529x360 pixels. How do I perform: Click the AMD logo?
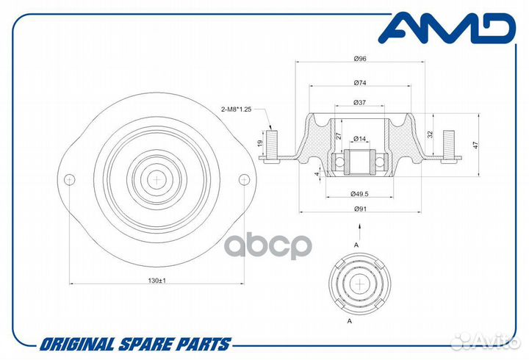point(447,28)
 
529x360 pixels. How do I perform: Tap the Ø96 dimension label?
point(360,59)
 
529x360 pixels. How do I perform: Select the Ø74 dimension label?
point(360,83)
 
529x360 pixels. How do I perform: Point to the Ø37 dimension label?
point(359,103)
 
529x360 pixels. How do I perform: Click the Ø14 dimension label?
point(360,138)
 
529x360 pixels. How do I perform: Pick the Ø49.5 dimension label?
point(359,194)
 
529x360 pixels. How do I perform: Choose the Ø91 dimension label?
point(360,209)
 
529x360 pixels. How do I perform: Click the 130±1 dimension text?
point(157,281)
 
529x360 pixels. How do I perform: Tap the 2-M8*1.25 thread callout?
point(236,109)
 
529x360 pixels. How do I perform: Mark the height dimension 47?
point(475,145)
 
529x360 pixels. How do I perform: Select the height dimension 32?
point(430,134)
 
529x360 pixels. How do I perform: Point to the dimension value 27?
point(339,136)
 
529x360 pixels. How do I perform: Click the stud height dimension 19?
point(260,143)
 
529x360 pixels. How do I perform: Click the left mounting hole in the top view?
point(70,179)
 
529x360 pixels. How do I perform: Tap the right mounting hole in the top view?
point(244,179)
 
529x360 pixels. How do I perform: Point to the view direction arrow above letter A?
point(359,231)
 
